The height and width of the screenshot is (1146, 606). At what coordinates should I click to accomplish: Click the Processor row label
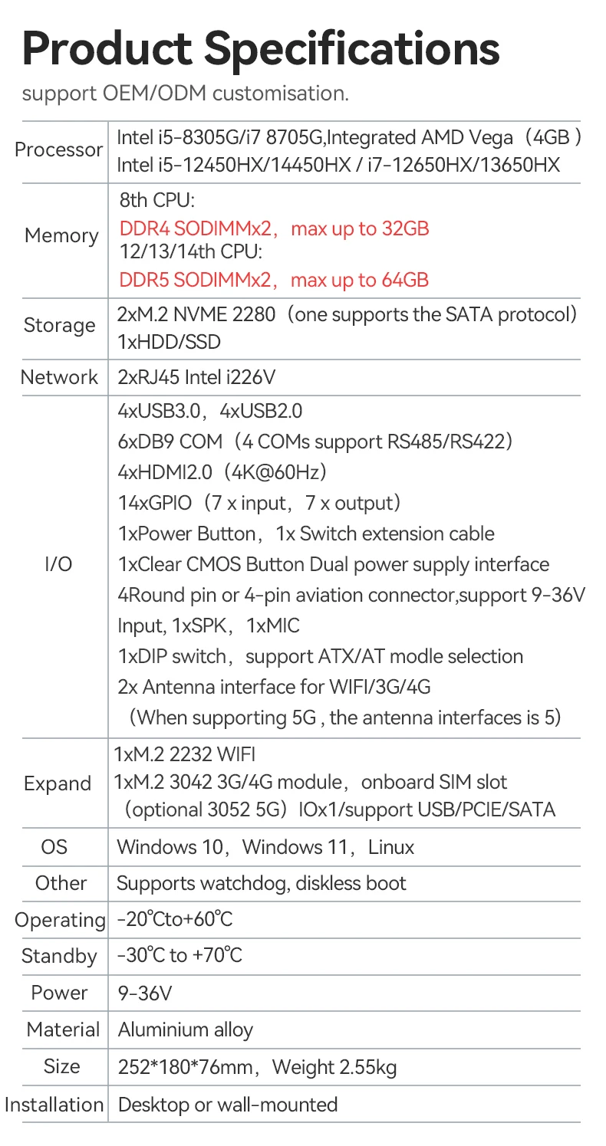point(59,149)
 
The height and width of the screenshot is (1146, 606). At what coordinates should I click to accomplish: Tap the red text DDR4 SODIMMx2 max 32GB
point(274,228)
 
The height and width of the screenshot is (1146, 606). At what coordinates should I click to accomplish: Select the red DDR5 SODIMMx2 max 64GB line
point(274,280)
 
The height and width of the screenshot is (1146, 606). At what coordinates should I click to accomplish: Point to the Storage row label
point(59,325)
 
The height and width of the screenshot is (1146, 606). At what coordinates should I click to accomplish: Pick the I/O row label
point(59,564)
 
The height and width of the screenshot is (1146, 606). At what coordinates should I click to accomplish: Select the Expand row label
point(58,783)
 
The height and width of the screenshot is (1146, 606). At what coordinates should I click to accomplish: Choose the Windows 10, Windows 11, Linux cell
point(265,847)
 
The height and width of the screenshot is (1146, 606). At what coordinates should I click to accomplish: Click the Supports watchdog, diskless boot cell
point(261,883)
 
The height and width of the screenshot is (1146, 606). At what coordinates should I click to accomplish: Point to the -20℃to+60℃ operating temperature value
point(175,919)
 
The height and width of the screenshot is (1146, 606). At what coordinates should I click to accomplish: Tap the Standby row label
point(59,956)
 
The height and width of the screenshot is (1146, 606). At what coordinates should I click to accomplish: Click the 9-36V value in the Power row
point(144,993)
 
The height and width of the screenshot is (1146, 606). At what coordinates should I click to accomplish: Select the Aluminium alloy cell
point(185,1029)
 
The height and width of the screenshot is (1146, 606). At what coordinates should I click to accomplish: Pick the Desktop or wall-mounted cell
point(228,1105)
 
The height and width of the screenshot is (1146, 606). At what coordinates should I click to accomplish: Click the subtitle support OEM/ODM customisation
point(185,94)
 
